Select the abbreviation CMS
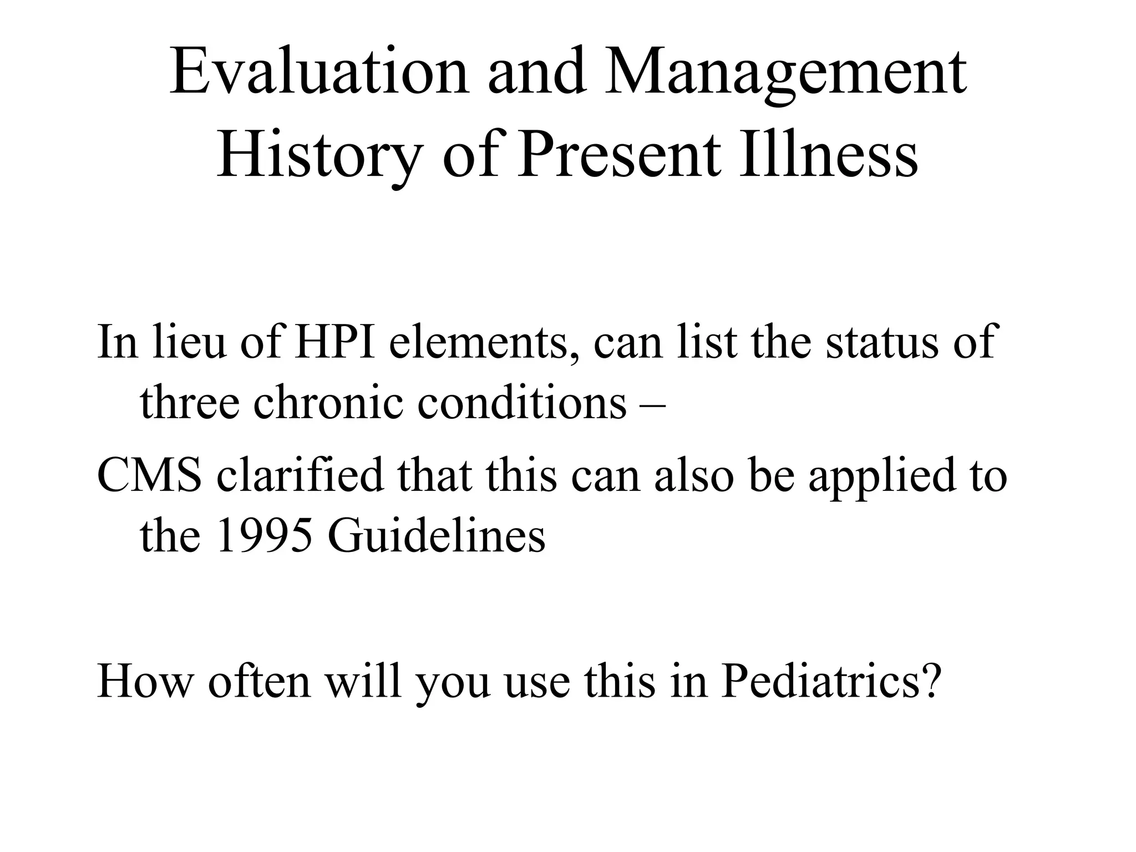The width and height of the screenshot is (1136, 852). point(149,476)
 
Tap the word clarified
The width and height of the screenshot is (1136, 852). point(300,476)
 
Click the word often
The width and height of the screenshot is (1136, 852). point(258,681)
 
